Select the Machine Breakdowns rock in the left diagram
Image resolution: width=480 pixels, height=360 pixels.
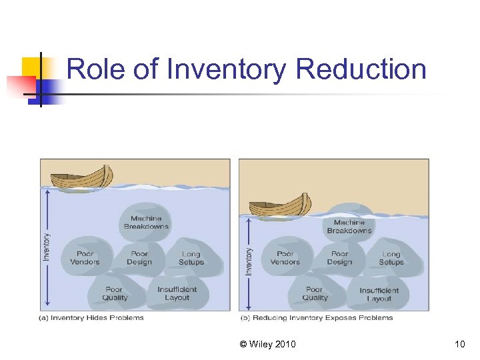coord(146,221)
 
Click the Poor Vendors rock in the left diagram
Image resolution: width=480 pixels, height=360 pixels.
coord(85,257)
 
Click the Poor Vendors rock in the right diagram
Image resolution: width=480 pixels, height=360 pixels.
coord(285,257)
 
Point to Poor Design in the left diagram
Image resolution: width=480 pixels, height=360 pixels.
coord(139,257)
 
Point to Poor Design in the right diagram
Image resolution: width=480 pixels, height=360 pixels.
coord(339,257)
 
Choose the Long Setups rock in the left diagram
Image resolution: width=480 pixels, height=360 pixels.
coord(191,258)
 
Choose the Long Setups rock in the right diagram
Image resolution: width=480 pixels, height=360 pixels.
coord(391,258)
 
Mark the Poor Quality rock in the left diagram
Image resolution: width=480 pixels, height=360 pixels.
coord(115,293)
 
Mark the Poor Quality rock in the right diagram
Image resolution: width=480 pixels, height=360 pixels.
coord(315,293)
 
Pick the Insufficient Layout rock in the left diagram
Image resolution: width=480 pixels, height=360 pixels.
coord(177,293)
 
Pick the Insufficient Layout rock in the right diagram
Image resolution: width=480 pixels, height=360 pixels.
coord(379,294)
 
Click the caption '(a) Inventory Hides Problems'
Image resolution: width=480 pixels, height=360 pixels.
coord(91,318)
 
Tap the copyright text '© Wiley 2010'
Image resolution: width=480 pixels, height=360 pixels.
coord(268,344)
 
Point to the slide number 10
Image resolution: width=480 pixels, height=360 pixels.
coord(459,344)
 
